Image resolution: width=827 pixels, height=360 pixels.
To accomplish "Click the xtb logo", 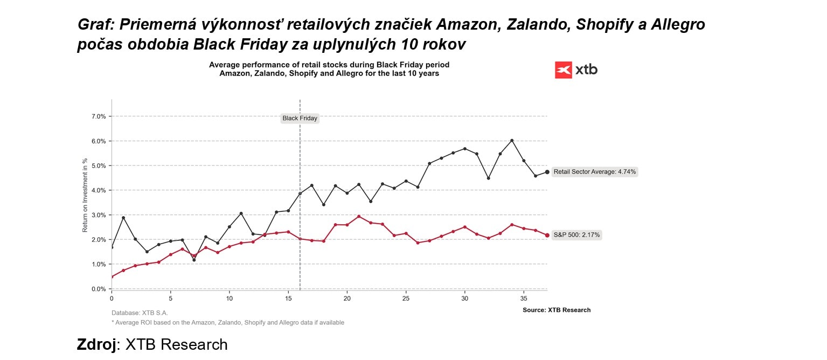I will [x=576, y=70].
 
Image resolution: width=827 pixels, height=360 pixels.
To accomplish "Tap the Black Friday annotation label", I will [x=300, y=119].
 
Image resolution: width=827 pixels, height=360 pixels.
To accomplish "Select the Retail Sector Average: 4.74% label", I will [x=595, y=172].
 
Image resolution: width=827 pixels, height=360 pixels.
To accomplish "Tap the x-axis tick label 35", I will [x=524, y=298].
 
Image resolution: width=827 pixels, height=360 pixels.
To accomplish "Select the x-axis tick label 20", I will [x=347, y=298].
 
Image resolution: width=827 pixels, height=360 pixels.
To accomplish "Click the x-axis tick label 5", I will [x=170, y=298].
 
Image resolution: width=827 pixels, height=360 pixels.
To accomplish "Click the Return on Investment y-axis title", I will [x=85, y=195].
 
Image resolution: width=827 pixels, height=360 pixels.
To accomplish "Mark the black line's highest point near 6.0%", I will [x=512, y=141].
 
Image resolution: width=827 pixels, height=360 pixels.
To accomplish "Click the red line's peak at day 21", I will [x=359, y=217].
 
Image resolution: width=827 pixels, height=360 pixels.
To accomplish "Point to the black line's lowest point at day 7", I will [x=194, y=260].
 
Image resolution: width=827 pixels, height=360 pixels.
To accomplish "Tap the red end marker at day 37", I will [x=547, y=235].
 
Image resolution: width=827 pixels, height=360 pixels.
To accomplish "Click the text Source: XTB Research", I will [x=557, y=310].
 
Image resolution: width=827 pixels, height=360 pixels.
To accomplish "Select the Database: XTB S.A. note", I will [x=140, y=313].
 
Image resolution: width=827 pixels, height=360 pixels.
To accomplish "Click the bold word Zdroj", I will [x=96, y=344].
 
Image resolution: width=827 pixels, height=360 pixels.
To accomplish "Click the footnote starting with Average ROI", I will [x=228, y=322].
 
